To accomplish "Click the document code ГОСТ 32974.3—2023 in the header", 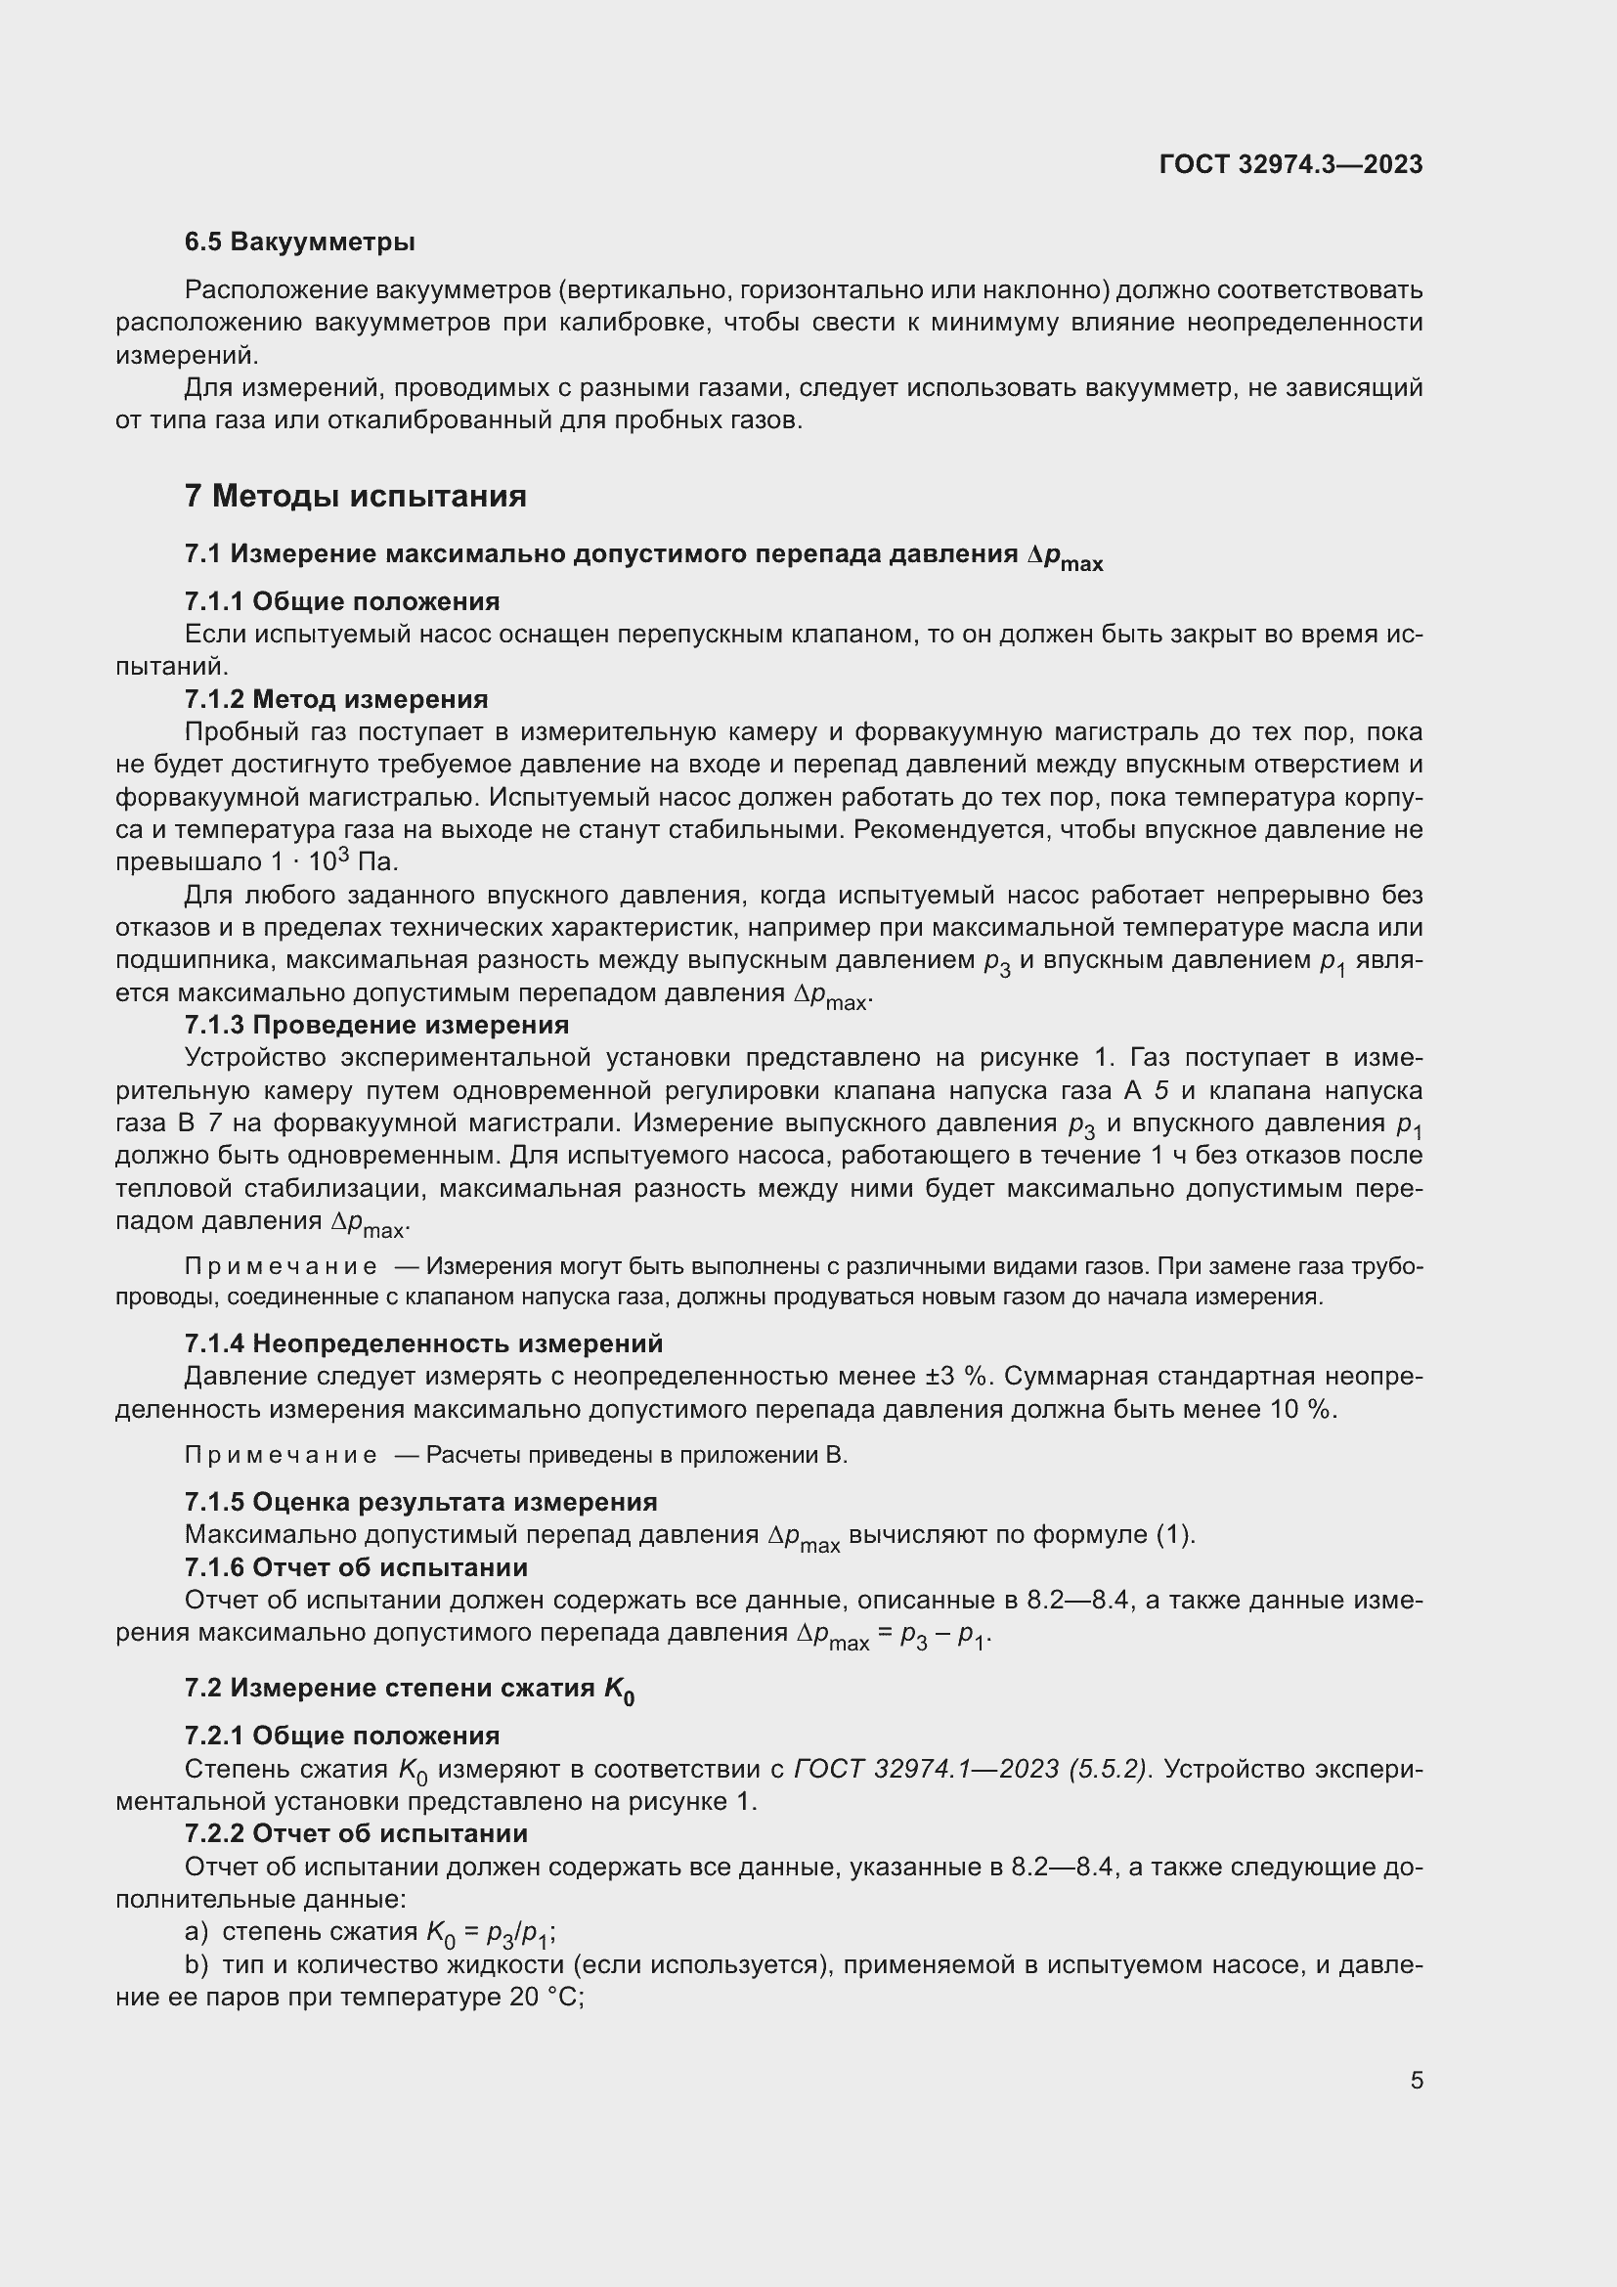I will point(1290,164).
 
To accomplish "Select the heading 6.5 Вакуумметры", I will point(300,242).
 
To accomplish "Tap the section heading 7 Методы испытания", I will point(356,495).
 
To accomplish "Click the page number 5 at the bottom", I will point(1416,2080).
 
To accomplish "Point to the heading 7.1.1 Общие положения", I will point(342,601).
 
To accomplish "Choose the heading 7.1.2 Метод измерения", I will point(336,699).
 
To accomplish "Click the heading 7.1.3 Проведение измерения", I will point(376,1025).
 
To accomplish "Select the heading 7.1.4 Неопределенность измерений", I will point(423,1343).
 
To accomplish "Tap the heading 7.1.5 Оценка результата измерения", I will point(420,1502).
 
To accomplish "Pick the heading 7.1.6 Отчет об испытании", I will point(357,1567).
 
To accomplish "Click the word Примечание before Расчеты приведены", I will point(281,1455).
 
